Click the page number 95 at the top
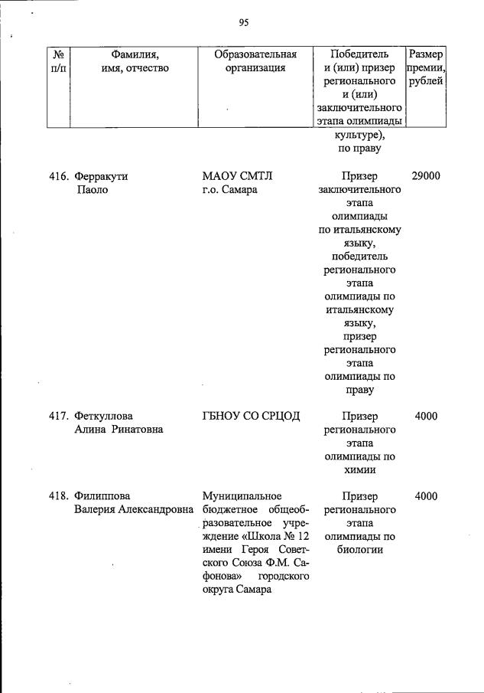tap(244, 23)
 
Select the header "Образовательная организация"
tap(255, 61)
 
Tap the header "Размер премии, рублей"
tap(426, 68)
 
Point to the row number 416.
tap(60, 176)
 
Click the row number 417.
tap(60, 416)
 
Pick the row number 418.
tap(60, 495)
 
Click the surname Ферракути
tap(101, 176)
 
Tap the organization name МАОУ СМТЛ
tap(232, 176)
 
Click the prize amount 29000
tap(426, 176)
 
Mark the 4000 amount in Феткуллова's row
tap(426, 416)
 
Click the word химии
tap(359, 471)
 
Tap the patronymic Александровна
tap(152, 509)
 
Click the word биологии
tap(359, 549)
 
